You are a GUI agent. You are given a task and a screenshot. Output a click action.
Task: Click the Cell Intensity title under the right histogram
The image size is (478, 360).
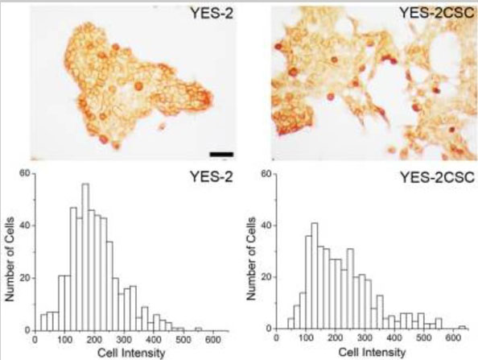pyautogui.click(x=366, y=353)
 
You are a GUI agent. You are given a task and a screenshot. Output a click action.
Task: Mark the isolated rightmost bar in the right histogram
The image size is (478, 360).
pyautogui.click(x=461, y=328)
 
